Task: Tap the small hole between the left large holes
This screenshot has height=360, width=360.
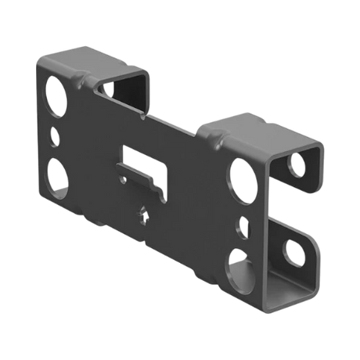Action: coord(56,134)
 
